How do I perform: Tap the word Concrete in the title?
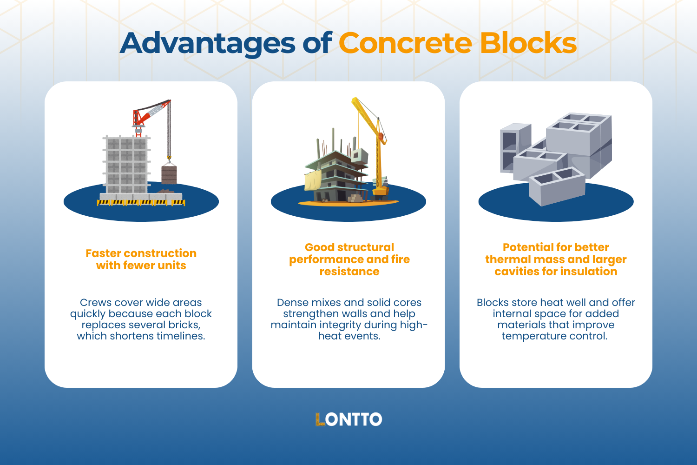[405, 43]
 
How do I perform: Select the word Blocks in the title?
[528, 43]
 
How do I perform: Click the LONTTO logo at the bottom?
[348, 419]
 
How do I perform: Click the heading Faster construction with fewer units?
[141, 259]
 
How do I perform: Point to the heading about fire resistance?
[349, 259]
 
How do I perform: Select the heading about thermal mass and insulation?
[556, 259]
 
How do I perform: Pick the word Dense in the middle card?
[292, 303]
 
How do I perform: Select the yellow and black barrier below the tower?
[141, 203]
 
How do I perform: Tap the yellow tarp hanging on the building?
[313, 179]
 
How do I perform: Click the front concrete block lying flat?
[557, 186]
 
